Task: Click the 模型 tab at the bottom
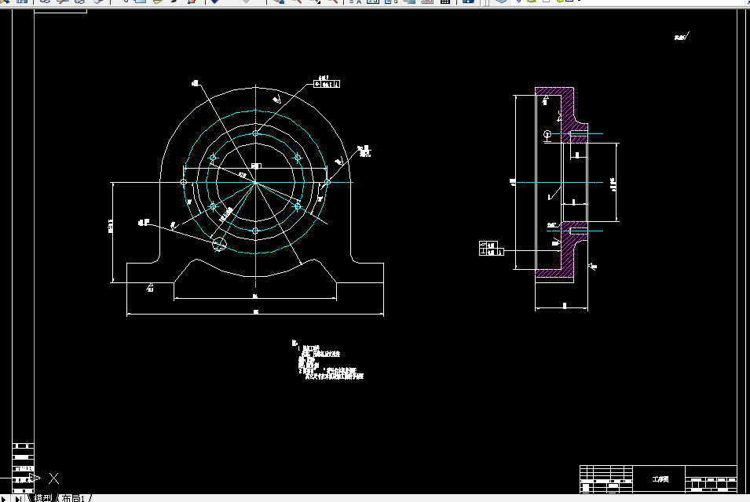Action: [x=43, y=497]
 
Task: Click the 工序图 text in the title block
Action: [x=660, y=478]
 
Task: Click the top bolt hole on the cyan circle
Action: [x=256, y=133]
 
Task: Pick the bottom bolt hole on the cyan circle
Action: [x=256, y=231]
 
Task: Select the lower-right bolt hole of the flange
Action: [x=298, y=206]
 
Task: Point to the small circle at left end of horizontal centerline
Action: [x=184, y=182]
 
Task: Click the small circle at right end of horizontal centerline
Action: [x=327, y=182]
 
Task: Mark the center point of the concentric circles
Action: [x=256, y=182]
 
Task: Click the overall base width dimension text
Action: [x=256, y=312]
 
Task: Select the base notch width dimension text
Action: [x=256, y=296]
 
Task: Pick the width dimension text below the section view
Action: [x=564, y=305]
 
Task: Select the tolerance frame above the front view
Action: [x=327, y=82]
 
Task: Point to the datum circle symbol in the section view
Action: [x=547, y=135]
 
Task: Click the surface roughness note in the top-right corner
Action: [x=681, y=37]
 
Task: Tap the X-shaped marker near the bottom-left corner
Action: [x=54, y=477]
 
